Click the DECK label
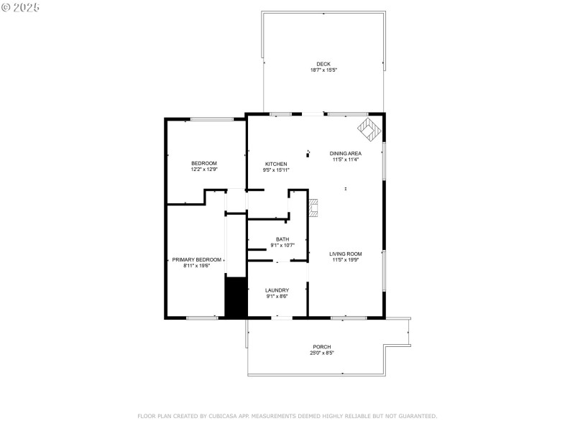click(x=323, y=64)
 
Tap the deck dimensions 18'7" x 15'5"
click(x=323, y=70)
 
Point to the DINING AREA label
click(x=345, y=153)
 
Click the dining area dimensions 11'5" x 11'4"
click(x=345, y=159)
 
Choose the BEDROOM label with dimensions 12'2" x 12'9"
click(x=203, y=164)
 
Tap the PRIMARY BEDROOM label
click(x=195, y=259)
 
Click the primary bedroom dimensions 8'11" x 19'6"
click(x=195, y=266)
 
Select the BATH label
click(x=282, y=239)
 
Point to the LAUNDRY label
click(x=277, y=290)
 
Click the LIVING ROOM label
click(x=345, y=254)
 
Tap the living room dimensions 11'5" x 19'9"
click(x=345, y=260)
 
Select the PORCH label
click(x=321, y=347)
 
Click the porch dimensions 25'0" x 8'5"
click(x=321, y=353)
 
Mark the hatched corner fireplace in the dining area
click(x=370, y=130)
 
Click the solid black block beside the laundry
click(x=236, y=296)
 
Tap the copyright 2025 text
click(x=21, y=7)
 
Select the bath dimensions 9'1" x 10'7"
click(x=282, y=246)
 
